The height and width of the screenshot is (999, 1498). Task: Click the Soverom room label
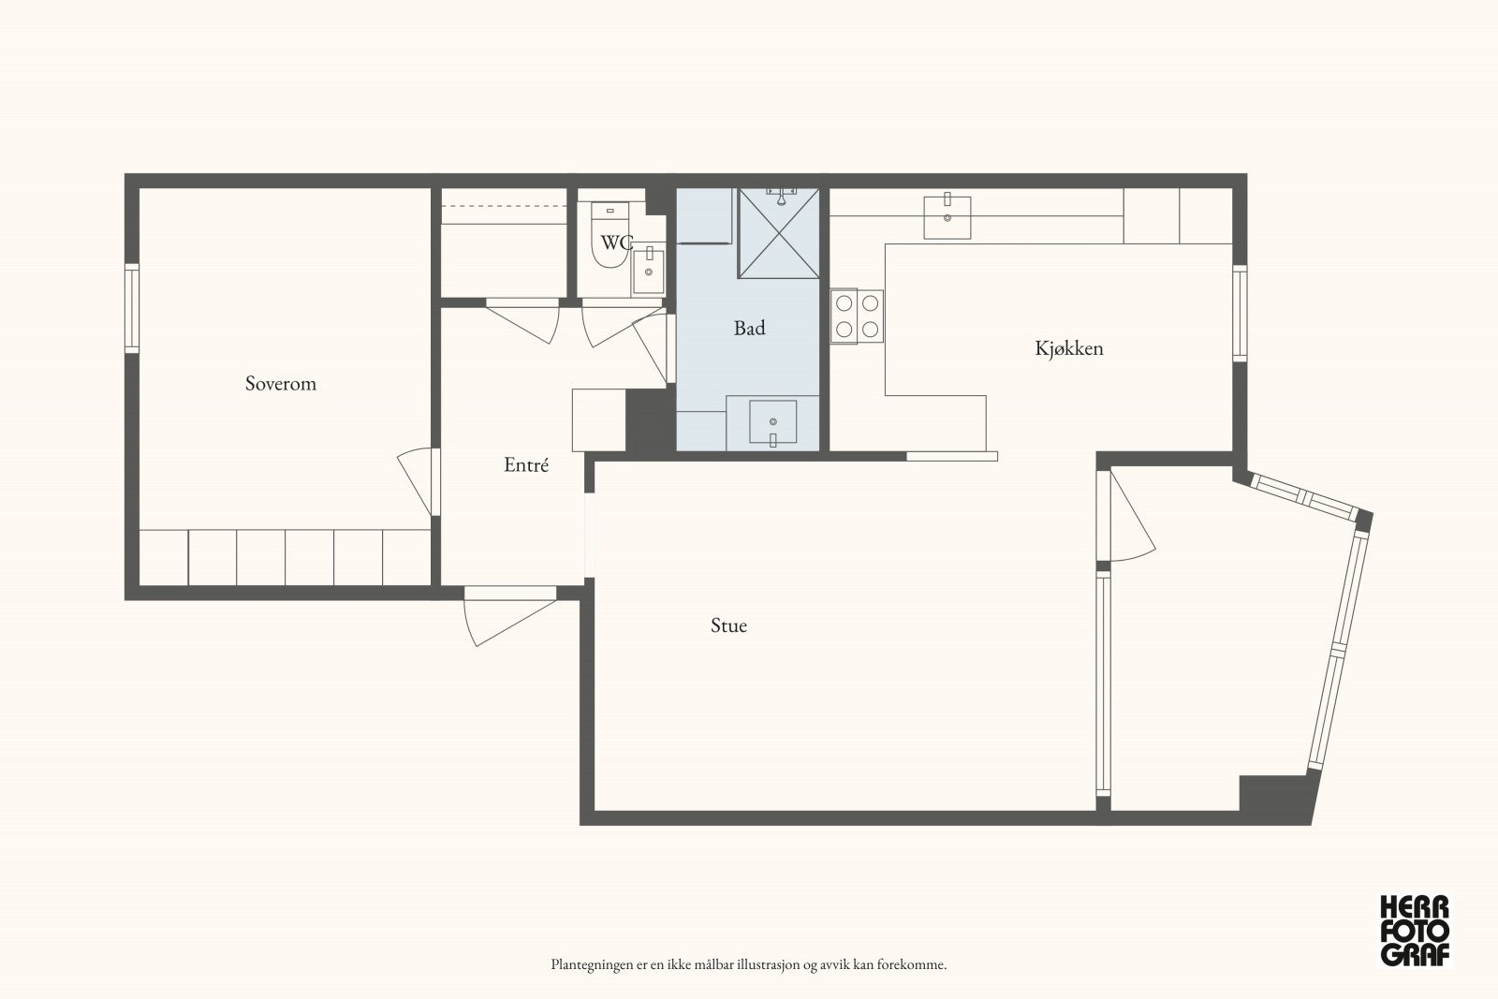[x=280, y=383]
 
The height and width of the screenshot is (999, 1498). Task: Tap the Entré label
[x=526, y=464]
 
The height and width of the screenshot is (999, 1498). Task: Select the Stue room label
[x=728, y=625]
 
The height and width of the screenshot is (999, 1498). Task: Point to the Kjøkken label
[x=1068, y=347]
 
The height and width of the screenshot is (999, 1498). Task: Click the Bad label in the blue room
[x=749, y=328]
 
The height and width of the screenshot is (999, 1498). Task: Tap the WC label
[x=616, y=242]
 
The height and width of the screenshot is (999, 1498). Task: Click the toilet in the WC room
[x=609, y=235]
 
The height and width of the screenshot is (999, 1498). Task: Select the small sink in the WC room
[x=648, y=270]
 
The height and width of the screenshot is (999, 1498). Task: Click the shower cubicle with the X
[x=778, y=233]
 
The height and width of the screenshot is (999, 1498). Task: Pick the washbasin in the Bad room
[x=773, y=422]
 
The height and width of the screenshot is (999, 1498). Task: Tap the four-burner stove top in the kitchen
[x=857, y=316]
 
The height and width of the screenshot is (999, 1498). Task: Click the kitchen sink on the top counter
[x=947, y=215]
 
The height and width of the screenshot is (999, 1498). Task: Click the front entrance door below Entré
[x=509, y=616]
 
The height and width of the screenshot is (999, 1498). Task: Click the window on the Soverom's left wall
[x=132, y=308]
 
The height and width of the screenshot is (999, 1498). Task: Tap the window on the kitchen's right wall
[x=1240, y=314]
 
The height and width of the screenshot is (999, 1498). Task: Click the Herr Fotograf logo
[x=1415, y=932]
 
